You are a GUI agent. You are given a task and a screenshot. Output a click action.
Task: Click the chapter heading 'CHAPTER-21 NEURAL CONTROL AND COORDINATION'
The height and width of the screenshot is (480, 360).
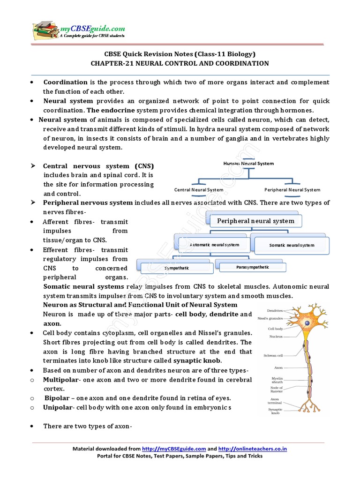point(180,63)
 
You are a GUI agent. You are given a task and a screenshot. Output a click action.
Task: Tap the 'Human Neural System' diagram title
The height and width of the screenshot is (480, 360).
point(248,164)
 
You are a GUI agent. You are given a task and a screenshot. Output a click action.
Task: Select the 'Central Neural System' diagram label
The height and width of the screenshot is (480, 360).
point(199,190)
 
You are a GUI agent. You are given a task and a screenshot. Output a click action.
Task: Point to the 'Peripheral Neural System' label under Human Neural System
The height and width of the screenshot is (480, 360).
point(292,190)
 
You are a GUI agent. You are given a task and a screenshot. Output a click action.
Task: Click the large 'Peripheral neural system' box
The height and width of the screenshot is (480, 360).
point(255,221)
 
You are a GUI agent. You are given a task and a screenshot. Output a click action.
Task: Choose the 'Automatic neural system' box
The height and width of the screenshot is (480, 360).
point(214,245)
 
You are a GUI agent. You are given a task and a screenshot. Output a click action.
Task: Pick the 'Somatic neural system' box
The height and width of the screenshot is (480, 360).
point(292,245)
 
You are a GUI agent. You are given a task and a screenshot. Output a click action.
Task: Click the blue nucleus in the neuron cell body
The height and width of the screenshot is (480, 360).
point(307,323)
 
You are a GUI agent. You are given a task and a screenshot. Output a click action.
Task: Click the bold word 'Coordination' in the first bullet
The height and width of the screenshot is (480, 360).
point(65,82)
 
